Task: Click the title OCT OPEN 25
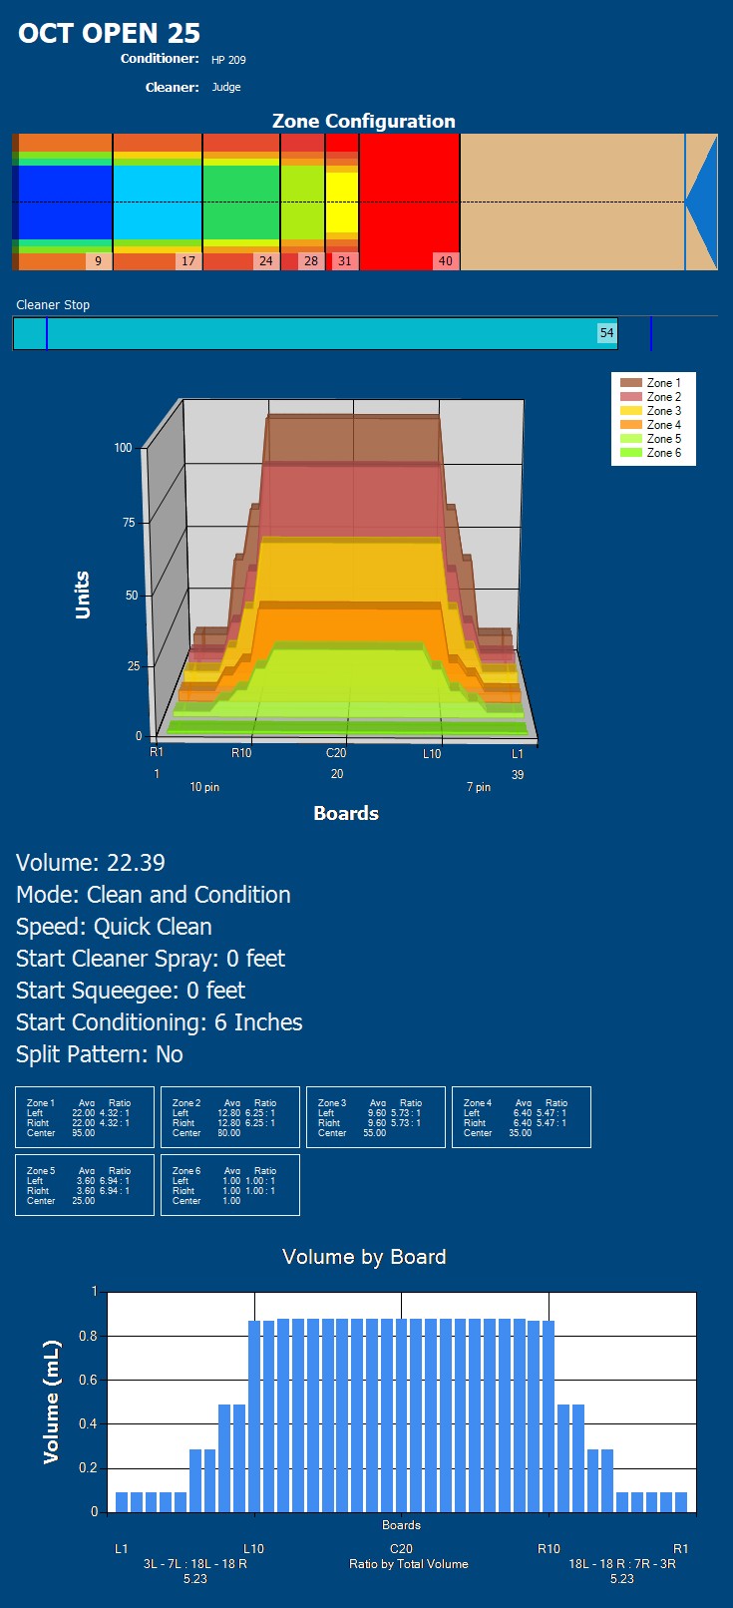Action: click(x=109, y=33)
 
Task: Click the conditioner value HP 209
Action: click(x=228, y=60)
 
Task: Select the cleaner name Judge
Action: click(x=226, y=87)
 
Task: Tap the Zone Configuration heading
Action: click(x=364, y=121)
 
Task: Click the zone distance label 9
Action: click(x=98, y=261)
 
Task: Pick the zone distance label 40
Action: click(x=445, y=261)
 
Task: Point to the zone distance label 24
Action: click(x=265, y=261)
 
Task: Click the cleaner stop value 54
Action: click(x=606, y=333)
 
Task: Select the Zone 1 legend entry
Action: click(x=663, y=383)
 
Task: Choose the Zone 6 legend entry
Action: click(x=663, y=453)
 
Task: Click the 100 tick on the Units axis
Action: click(x=123, y=448)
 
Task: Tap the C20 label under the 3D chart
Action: click(x=336, y=753)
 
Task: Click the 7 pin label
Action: click(x=479, y=787)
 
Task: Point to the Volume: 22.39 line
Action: click(x=91, y=863)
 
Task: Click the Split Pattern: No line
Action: click(x=100, y=1054)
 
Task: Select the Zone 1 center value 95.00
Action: click(x=83, y=1133)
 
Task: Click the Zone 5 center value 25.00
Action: click(x=83, y=1201)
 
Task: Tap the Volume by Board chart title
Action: click(x=364, y=1257)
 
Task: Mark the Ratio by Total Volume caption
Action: click(x=408, y=1564)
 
